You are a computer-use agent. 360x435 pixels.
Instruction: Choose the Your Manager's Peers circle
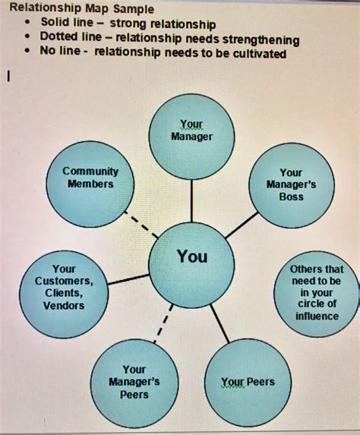pyautogui.click(x=134, y=383)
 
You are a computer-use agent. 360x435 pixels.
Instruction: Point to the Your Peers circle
pyautogui.click(x=248, y=382)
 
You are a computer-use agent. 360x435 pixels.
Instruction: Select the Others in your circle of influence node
pyautogui.click(x=317, y=294)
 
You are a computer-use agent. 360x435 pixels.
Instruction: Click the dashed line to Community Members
pyautogui.click(x=138, y=222)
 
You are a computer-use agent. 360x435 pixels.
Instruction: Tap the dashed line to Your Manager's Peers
pyautogui.click(x=164, y=323)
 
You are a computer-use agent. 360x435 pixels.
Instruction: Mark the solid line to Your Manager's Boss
pyautogui.click(x=242, y=225)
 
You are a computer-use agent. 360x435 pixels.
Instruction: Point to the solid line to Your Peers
pyautogui.click(x=219, y=323)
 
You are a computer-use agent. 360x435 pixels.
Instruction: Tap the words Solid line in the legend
pyautogui.click(x=67, y=24)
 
